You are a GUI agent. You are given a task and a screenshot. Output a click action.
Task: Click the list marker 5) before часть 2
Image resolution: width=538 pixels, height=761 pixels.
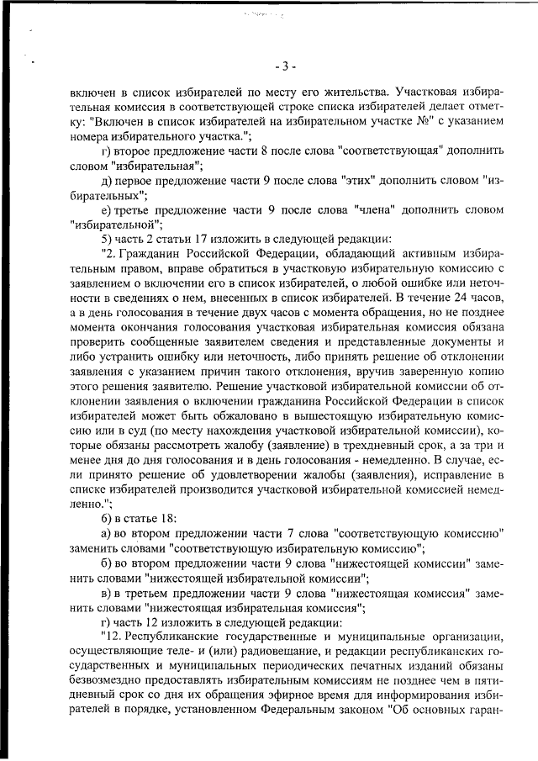click(107, 237)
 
